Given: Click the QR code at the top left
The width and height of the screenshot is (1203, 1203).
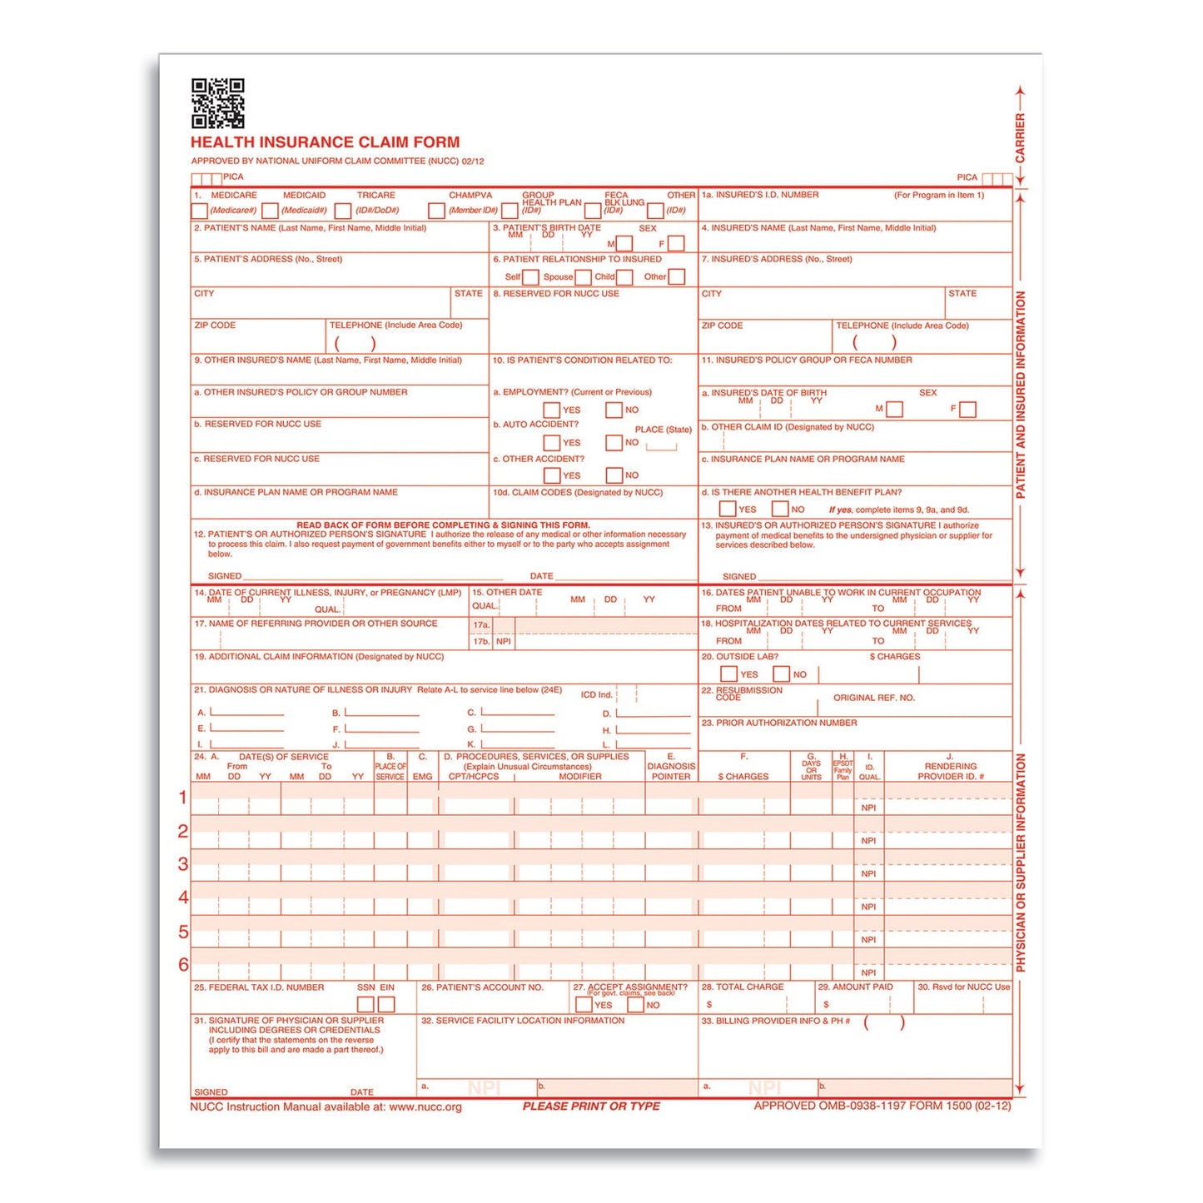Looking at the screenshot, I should [217, 103].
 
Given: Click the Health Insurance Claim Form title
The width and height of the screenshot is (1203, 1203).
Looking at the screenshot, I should [325, 142].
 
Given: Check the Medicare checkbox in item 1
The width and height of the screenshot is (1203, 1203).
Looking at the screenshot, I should [200, 211].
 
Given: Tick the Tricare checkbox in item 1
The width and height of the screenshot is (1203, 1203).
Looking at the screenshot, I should [343, 211].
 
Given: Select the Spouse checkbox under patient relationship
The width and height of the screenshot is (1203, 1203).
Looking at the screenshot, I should [584, 277].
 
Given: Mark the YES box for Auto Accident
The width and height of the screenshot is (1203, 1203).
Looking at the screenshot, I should [551, 443].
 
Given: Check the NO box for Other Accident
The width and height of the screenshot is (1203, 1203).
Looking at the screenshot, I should [614, 475].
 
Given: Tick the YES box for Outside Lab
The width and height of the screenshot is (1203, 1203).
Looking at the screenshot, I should [728, 674].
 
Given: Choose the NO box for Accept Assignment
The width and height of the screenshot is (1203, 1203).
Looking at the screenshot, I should [636, 1005].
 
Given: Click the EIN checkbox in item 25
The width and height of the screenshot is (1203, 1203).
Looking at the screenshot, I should [386, 1005].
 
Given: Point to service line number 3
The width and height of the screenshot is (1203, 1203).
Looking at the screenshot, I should [183, 864].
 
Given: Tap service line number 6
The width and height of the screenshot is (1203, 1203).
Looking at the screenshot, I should [183, 965].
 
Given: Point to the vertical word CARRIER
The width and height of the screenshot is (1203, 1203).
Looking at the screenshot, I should [1020, 138].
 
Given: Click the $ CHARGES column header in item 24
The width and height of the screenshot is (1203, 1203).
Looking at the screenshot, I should [743, 777].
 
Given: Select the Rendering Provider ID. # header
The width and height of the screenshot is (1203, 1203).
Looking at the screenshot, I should [950, 771].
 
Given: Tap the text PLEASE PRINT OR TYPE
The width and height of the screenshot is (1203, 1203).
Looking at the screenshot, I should [591, 1106].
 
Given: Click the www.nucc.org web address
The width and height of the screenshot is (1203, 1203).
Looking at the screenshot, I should [425, 1107].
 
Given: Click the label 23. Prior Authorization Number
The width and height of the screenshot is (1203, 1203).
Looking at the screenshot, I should [779, 723].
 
